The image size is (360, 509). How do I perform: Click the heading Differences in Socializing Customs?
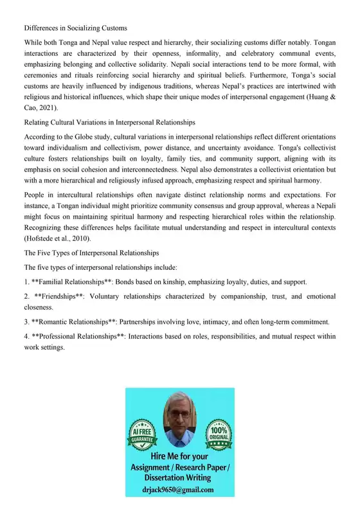pyautogui.click(x=75, y=28)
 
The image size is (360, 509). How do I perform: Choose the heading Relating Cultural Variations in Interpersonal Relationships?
pyautogui.click(x=110, y=121)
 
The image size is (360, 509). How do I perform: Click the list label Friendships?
pyautogui.click(x=54, y=298)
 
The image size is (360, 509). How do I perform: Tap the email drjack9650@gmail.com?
pyautogui.click(x=179, y=489)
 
